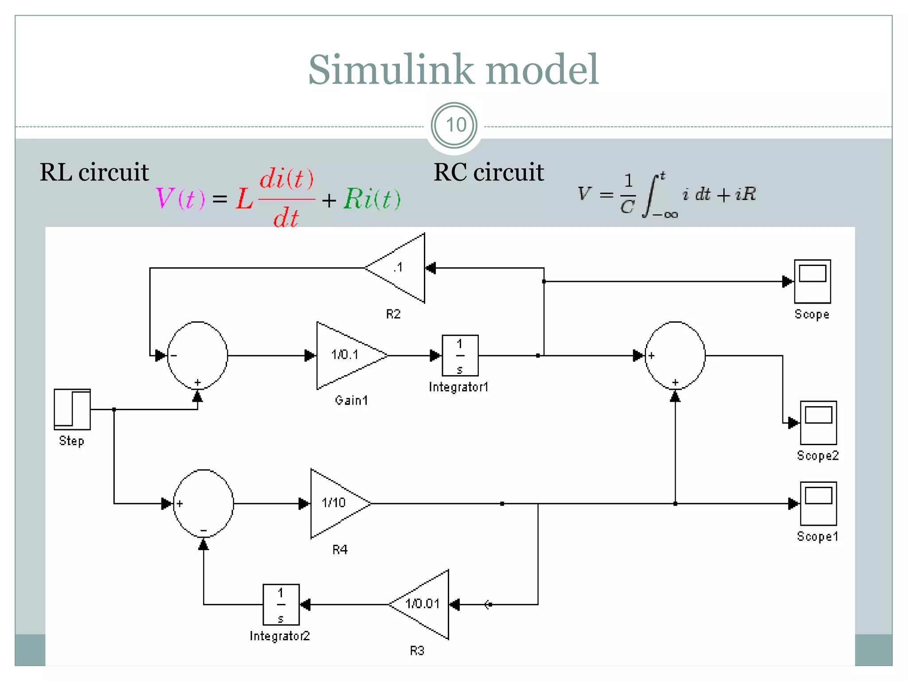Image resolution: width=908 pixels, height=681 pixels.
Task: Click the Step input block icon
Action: (72, 409)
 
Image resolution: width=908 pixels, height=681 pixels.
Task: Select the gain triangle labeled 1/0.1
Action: (346, 355)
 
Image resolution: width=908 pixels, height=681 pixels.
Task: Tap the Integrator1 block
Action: (460, 356)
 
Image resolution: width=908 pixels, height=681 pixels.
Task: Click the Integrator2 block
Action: (281, 604)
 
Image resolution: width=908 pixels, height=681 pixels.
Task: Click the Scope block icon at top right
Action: (812, 281)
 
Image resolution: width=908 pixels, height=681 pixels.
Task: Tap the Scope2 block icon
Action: (818, 423)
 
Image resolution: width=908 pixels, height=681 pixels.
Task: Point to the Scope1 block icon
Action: (818, 503)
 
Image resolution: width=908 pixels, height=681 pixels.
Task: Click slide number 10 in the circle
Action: (454, 125)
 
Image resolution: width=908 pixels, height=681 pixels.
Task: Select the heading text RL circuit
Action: (94, 172)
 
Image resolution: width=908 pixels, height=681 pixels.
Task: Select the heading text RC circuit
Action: (488, 172)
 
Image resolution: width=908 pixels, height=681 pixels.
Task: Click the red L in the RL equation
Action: (244, 199)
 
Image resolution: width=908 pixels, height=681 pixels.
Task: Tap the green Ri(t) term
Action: (372, 199)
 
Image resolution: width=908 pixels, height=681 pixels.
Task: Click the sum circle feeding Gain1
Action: (197, 355)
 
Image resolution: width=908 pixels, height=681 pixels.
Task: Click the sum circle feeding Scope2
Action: (675, 355)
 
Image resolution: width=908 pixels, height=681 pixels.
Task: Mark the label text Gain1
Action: (351, 400)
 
